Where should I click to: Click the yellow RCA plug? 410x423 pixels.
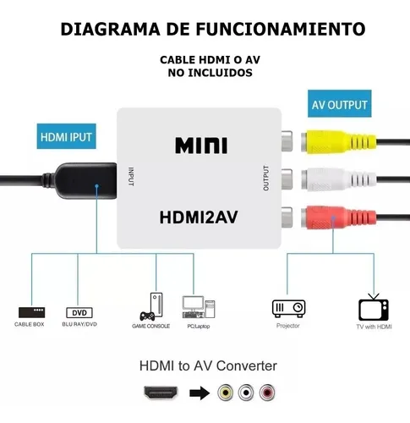click(x=338, y=141)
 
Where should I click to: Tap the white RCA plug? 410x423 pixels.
click(x=338, y=179)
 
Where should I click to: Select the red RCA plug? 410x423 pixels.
click(x=338, y=217)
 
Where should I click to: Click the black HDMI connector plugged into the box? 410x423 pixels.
click(x=85, y=180)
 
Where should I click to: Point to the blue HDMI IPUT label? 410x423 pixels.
click(x=66, y=136)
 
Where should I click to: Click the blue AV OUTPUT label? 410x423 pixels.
click(x=339, y=104)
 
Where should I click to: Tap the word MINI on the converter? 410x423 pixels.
click(x=201, y=146)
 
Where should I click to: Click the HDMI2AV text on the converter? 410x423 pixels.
click(x=199, y=217)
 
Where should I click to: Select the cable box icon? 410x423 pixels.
click(x=31, y=312)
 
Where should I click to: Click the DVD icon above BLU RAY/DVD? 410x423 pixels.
click(x=79, y=313)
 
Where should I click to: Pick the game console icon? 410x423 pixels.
click(x=151, y=307)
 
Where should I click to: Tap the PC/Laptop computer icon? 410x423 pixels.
click(x=199, y=307)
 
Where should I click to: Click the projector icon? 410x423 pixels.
click(x=288, y=308)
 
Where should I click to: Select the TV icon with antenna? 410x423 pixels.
click(x=374, y=307)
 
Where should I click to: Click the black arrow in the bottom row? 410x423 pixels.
click(x=200, y=393)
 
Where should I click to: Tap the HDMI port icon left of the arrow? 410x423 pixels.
click(x=161, y=393)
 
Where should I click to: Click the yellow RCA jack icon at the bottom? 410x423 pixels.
click(x=225, y=393)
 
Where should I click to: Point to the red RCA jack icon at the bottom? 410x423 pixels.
click(x=267, y=393)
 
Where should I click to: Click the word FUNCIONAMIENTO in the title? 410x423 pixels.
click(x=281, y=29)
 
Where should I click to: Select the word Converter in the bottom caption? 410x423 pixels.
click(x=247, y=366)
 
